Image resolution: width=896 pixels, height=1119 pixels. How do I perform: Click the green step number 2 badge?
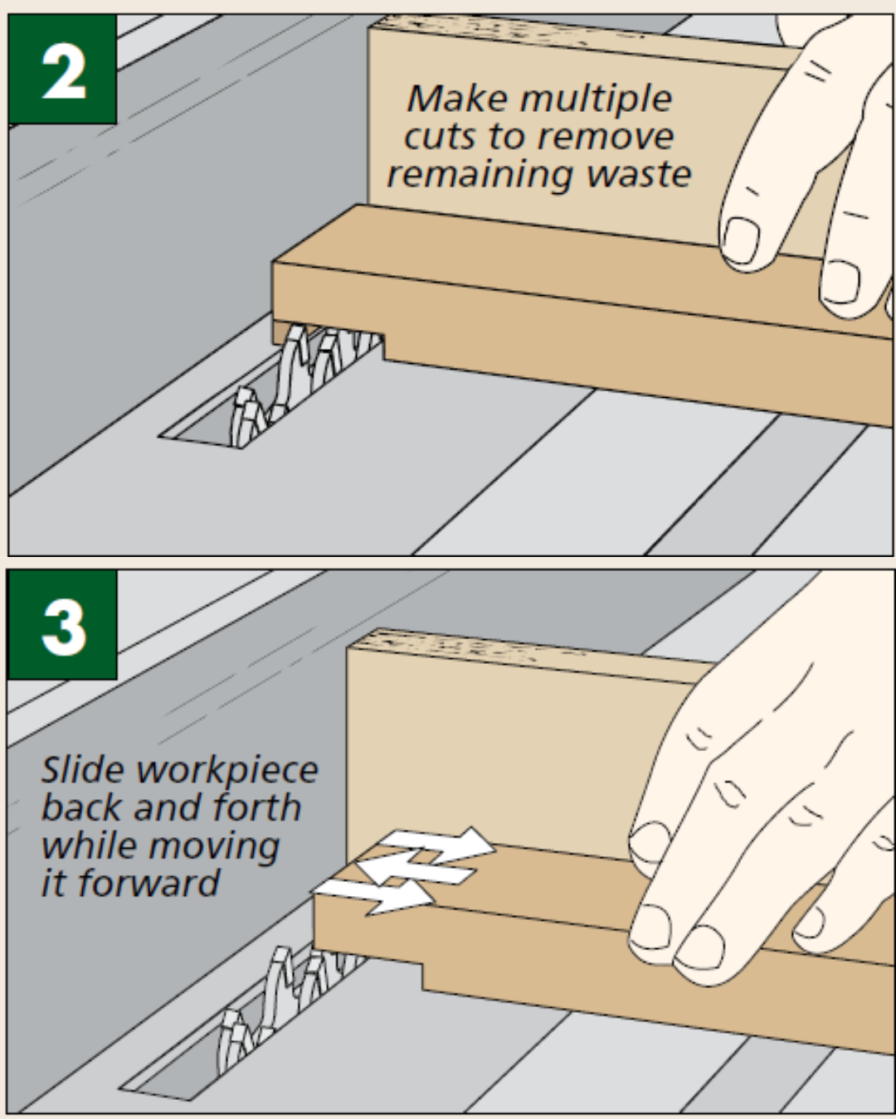tap(62, 70)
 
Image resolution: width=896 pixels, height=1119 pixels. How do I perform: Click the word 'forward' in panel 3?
tap(149, 883)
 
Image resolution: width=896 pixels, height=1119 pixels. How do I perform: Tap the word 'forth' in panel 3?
tap(256, 807)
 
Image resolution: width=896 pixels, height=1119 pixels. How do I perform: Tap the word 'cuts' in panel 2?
tap(439, 138)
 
